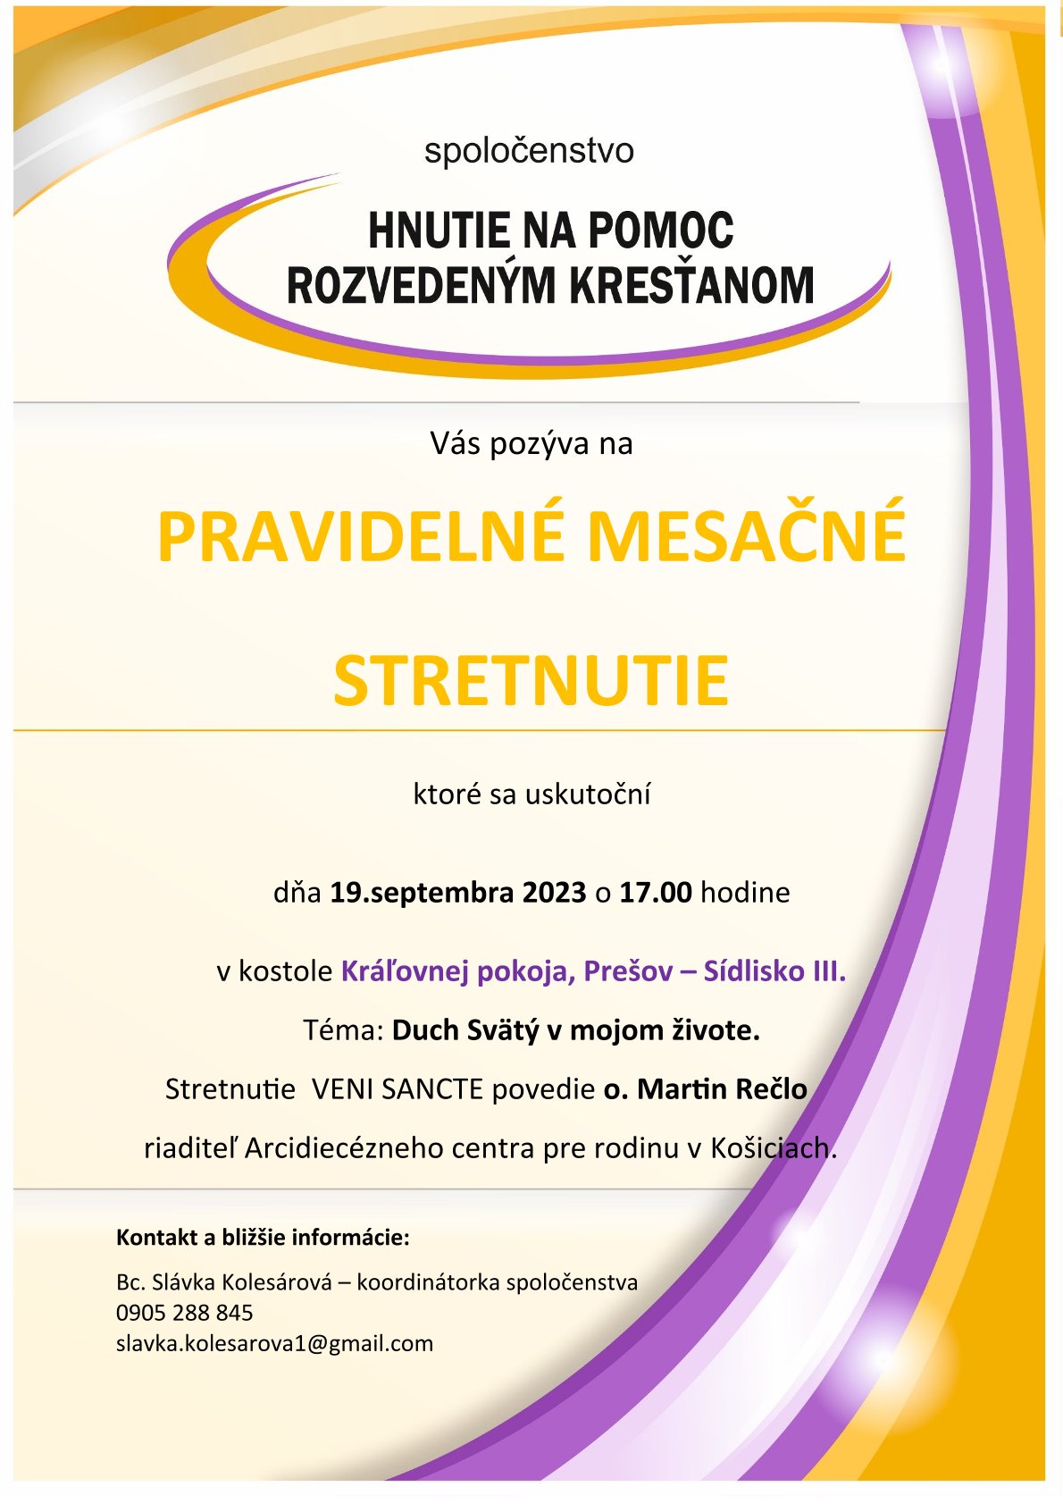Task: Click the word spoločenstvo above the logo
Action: pos(529,151)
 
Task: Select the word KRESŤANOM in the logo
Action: pos(691,286)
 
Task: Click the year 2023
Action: pos(554,893)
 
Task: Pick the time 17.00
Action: pos(656,893)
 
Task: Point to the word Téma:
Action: pos(343,1030)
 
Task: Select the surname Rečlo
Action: pos(772,1089)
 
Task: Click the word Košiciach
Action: pos(774,1148)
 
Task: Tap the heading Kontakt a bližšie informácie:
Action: pos(263,1238)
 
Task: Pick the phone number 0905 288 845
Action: pos(184,1313)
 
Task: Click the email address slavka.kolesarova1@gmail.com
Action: pos(274,1343)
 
